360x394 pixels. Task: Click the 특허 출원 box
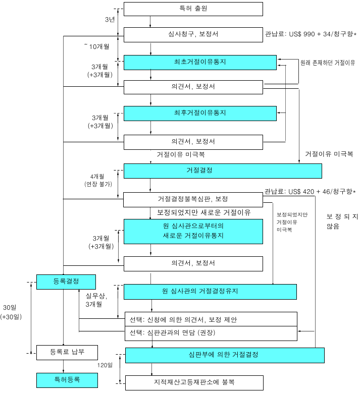tap(193, 9)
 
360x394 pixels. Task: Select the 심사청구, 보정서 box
tap(193, 34)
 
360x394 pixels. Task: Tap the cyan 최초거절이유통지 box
tap(199, 62)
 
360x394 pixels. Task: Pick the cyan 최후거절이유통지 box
tap(199, 113)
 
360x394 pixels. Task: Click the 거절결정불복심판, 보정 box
tap(193, 199)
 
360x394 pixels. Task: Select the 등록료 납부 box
tap(67, 352)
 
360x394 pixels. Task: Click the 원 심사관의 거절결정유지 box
tap(210, 292)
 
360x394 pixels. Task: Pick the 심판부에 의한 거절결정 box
tap(224, 355)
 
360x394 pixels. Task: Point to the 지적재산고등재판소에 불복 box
tap(194, 382)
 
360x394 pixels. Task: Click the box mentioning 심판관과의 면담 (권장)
tap(210, 333)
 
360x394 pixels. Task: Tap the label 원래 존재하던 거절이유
tap(328, 63)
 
